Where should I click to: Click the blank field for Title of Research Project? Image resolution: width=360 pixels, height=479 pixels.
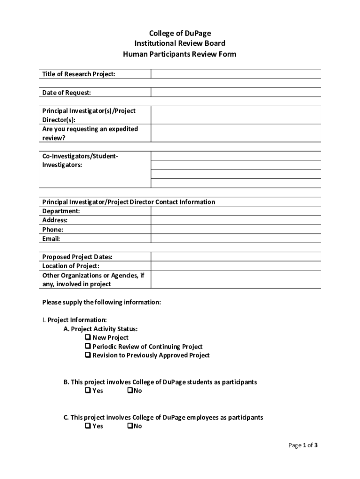point(236,74)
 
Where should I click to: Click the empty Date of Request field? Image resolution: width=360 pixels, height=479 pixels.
point(236,92)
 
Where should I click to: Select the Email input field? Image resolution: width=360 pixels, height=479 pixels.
point(236,239)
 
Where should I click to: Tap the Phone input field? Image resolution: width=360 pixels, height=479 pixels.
point(236,230)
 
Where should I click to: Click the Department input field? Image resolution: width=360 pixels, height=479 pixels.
point(236,211)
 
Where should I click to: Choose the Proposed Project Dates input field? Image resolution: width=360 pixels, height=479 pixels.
point(236,257)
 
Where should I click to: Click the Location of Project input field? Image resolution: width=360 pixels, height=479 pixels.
point(236,266)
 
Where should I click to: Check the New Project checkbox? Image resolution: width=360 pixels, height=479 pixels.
point(88,337)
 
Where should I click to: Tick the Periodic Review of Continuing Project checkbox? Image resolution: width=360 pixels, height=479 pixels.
point(88,347)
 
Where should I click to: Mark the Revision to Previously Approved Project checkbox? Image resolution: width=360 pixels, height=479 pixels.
point(88,356)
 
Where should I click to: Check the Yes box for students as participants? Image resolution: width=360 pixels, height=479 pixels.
point(88,391)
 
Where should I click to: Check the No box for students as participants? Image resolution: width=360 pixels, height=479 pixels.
point(130,391)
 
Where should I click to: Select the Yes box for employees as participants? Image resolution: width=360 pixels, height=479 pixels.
point(88,426)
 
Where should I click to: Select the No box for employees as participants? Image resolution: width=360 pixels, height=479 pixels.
point(130,426)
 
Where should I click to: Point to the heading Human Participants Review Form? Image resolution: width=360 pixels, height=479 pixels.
point(180,54)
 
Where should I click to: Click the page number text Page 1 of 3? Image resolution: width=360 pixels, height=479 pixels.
point(302,445)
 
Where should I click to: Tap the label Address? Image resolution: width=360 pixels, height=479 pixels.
point(55,220)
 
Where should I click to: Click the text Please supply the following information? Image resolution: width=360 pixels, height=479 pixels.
point(101,302)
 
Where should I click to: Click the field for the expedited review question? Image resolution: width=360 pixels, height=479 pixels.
point(236,133)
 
